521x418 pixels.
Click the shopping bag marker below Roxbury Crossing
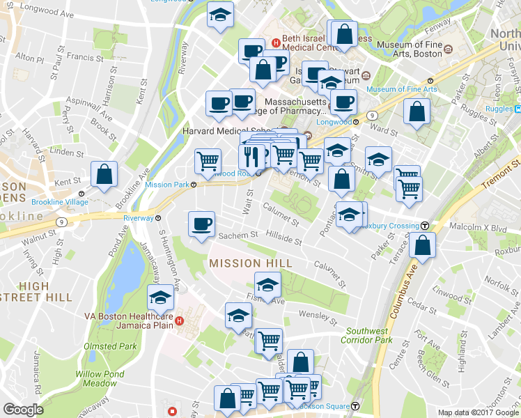click(x=422, y=245)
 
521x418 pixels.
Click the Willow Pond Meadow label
click(x=96, y=378)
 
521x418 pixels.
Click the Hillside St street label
click(x=283, y=238)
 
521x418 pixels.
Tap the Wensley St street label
click(x=317, y=318)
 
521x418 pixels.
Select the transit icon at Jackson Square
click(x=356, y=405)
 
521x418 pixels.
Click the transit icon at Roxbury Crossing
click(x=423, y=225)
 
